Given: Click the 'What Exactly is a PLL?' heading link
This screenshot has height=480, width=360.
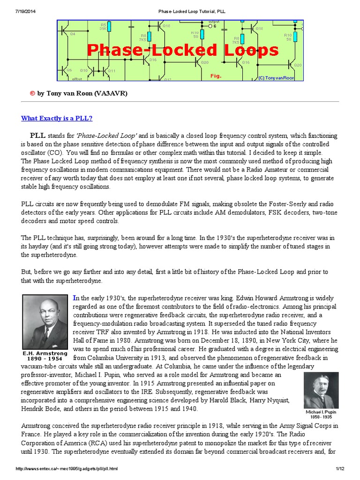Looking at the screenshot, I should [x=57, y=118].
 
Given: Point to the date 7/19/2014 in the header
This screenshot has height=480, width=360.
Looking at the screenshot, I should [x=15, y=11].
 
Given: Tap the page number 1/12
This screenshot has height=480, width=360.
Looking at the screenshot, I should [x=340, y=469].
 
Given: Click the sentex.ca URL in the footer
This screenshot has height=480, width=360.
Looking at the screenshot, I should [x=67, y=469].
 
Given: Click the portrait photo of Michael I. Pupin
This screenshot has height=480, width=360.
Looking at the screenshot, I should [x=321, y=390].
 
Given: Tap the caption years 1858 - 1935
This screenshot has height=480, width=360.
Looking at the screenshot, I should [x=321, y=416].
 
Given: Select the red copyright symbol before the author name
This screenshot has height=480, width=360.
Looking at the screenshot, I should [x=32, y=93].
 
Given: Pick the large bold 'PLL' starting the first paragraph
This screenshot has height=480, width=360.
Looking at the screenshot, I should [x=38, y=135].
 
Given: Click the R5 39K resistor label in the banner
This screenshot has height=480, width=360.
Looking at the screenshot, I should [x=103, y=26].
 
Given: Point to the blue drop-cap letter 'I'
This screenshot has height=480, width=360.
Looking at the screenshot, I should [x=75, y=298].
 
